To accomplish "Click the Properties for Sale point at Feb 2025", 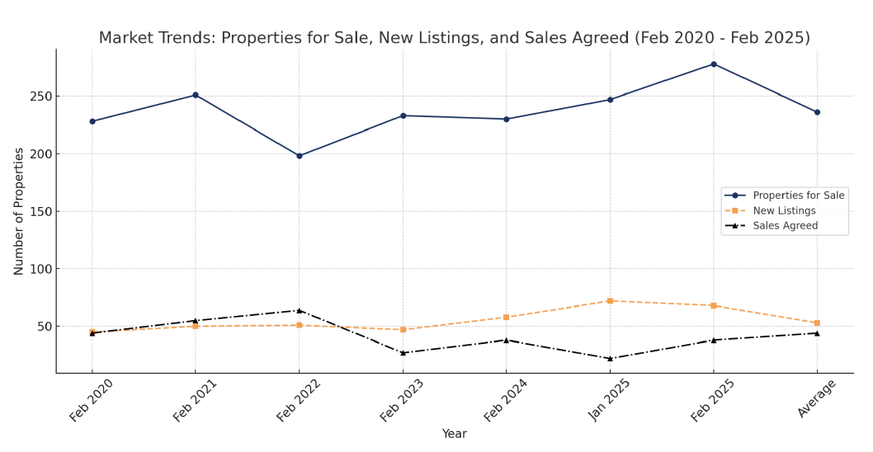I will pyautogui.click(x=714, y=64).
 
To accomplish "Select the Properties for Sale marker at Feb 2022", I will pyautogui.click(x=300, y=156).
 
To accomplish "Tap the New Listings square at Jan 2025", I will pyautogui.click(x=610, y=301).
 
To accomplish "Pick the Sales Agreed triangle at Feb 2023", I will pyautogui.click(x=403, y=353).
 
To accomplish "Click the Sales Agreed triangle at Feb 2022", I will pyautogui.click(x=300, y=310).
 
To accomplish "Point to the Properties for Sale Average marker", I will pyautogui.click(x=817, y=112).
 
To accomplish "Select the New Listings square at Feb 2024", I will pyautogui.click(x=507, y=318).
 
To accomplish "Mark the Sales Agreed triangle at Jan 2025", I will pyautogui.click(x=610, y=359).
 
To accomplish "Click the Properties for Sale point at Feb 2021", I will pyautogui.click(x=196, y=95).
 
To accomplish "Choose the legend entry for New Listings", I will pyautogui.click(x=784, y=211).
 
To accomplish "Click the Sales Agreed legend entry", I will pyautogui.click(x=785, y=226).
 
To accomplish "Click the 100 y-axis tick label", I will pyautogui.click(x=39, y=269).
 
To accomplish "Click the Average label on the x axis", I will pyautogui.click(x=817, y=398).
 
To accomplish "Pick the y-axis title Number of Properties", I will pyautogui.click(x=19, y=211).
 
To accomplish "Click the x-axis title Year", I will pyautogui.click(x=454, y=434).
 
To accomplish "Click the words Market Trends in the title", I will pyautogui.click(x=156, y=39).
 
